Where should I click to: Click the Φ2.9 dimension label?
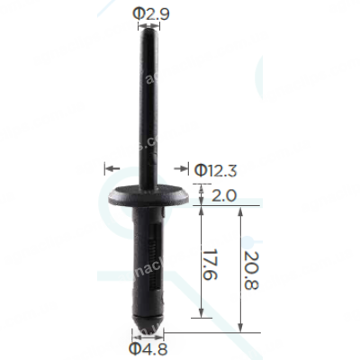(151, 13)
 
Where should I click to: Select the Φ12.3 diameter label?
(215, 171)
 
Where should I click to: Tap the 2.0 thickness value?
(224, 196)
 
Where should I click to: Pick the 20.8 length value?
(251, 270)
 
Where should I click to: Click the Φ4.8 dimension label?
(148, 348)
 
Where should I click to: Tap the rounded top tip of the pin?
(148, 29)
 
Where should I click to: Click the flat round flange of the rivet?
(148, 196)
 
